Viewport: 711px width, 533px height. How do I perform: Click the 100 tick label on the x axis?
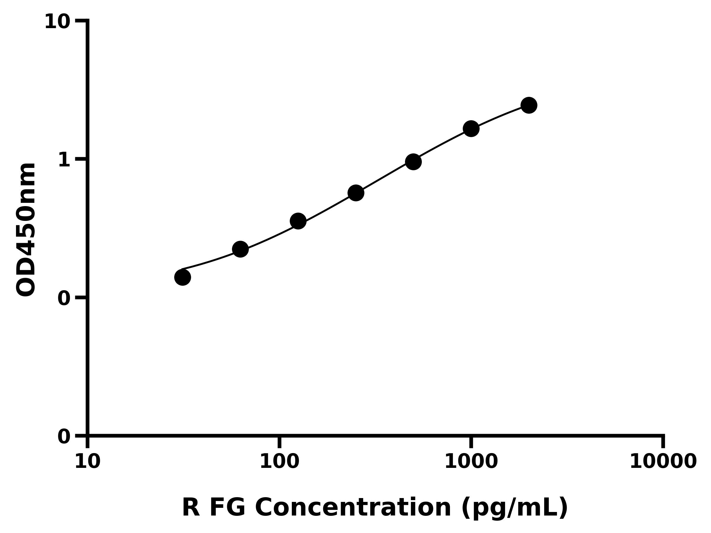(x=279, y=462)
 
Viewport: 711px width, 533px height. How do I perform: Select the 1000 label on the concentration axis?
(x=471, y=462)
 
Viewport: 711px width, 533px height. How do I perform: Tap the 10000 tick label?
(x=663, y=462)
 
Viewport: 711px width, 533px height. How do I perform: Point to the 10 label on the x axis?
(x=87, y=462)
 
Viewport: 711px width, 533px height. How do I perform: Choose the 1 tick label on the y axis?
(x=64, y=160)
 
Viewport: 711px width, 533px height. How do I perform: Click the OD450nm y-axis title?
(x=26, y=230)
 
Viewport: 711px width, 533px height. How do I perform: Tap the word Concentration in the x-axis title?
(x=353, y=508)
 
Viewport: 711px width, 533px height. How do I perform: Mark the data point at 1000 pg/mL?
(x=471, y=129)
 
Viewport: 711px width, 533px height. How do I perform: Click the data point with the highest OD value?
(x=529, y=105)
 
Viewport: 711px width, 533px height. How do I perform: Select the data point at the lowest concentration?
(x=182, y=277)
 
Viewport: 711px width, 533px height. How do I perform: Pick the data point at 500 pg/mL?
(x=413, y=162)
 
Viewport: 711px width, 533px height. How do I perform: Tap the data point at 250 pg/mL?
(x=356, y=193)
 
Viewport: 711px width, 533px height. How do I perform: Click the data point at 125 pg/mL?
(x=298, y=221)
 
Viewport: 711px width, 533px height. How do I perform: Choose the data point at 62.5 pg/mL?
(x=240, y=249)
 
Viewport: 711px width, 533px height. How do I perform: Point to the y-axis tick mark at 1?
(x=81, y=159)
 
